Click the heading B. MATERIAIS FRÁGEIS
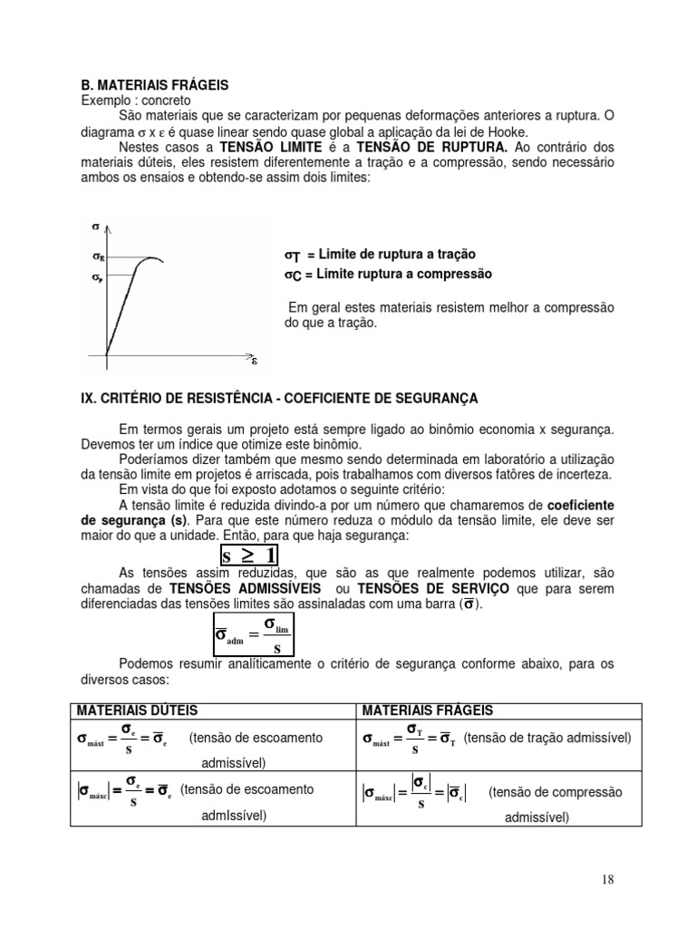151,85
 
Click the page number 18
607,879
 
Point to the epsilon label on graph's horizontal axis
255,361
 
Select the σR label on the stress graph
98,257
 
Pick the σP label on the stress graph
98,278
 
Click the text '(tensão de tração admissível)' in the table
547,737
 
